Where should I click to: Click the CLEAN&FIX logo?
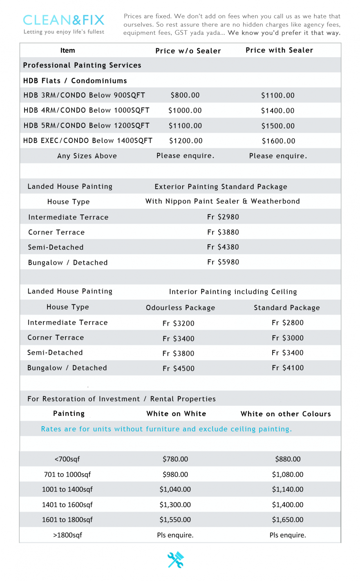pyautogui.click(x=64, y=20)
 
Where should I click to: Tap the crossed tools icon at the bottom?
pyautogui.click(x=176, y=560)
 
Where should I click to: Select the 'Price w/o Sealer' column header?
pyautogui.click(x=188, y=51)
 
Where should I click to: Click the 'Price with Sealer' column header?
pyautogui.click(x=279, y=50)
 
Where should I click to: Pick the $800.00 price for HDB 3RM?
pyautogui.click(x=185, y=95)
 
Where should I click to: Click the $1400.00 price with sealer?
pyautogui.click(x=278, y=111)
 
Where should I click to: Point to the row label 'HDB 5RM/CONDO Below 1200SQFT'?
pyautogui.click(x=87, y=125)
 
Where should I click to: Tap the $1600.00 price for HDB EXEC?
pyautogui.click(x=278, y=141)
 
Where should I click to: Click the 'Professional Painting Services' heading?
pyautogui.click(x=82, y=65)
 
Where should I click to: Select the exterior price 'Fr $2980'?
pyautogui.click(x=223, y=217)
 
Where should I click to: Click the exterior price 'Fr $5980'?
pyautogui.click(x=223, y=262)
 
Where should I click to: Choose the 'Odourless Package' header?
pyautogui.click(x=180, y=308)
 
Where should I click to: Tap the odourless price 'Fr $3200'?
pyautogui.click(x=179, y=323)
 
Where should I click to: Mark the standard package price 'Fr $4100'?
pyautogui.click(x=288, y=368)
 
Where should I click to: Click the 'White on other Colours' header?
pyautogui.click(x=286, y=414)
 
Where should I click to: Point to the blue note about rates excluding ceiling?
pyautogui.click(x=166, y=429)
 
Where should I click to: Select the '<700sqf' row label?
pyautogui.click(x=67, y=459)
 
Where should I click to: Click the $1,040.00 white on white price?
pyautogui.click(x=175, y=489)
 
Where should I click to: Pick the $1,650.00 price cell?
pyautogui.click(x=288, y=520)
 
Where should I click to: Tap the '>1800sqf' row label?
pyautogui.click(x=67, y=535)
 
